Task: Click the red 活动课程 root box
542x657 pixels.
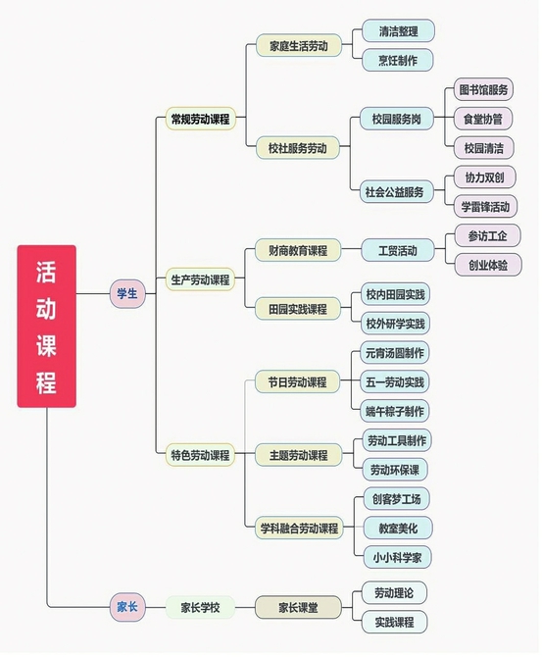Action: click(x=46, y=326)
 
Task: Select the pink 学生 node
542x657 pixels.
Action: click(x=127, y=294)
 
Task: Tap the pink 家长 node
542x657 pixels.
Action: click(x=127, y=607)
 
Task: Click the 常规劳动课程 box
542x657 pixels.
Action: click(x=201, y=119)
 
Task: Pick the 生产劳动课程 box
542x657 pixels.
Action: click(x=200, y=279)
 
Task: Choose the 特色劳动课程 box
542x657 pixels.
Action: click(x=200, y=455)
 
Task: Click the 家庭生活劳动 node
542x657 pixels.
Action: click(x=299, y=46)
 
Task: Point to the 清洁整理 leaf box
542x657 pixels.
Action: click(x=398, y=31)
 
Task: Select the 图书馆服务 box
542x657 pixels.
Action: click(x=483, y=89)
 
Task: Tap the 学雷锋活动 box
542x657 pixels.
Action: click(x=485, y=207)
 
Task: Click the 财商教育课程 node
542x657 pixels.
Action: click(x=298, y=251)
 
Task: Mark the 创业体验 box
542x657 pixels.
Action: click(x=488, y=265)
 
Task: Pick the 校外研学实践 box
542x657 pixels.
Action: click(x=395, y=324)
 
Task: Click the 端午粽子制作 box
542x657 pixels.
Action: click(x=395, y=411)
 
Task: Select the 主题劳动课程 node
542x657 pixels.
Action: click(x=298, y=455)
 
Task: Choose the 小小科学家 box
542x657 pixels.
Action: click(x=397, y=557)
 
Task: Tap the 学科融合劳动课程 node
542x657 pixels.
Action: click(x=299, y=528)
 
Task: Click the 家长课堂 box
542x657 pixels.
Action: click(x=298, y=607)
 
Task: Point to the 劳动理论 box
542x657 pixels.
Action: click(x=394, y=593)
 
